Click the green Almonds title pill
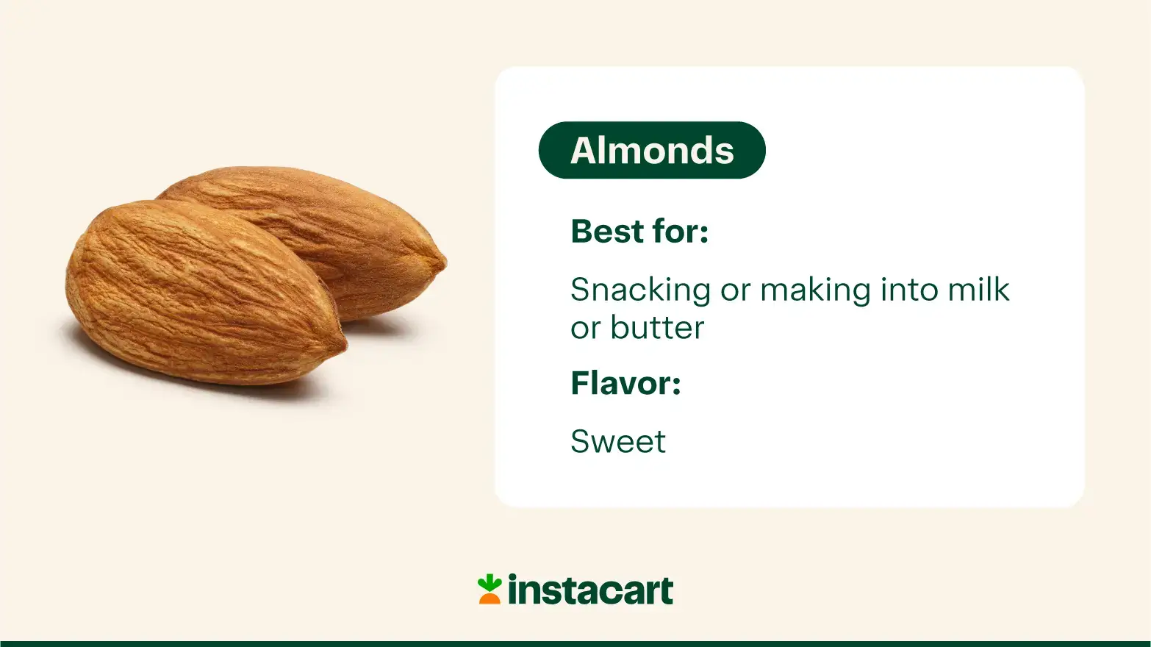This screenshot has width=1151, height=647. pyautogui.click(x=652, y=150)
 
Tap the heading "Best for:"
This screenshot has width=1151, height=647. pyautogui.click(x=639, y=231)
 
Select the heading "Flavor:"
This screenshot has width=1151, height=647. pyautogui.click(x=625, y=383)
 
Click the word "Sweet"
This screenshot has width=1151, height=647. pyautogui.click(x=618, y=442)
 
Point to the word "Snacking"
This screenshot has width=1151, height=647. pyautogui.click(x=640, y=290)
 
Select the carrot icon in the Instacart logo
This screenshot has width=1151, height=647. pyautogui.click(x=490, y=590)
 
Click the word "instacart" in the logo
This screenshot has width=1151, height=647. pyautogui.click(x=590, y=590)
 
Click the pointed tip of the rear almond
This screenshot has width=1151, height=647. pyautogui.click(x=442, y=262)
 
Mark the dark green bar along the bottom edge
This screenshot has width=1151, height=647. pyautogui.click(x=575, y=643)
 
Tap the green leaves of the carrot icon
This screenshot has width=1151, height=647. pyautogui.click(x=489, y=582)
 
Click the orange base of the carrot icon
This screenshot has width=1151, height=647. pyautogui.click(x=490, y=598)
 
